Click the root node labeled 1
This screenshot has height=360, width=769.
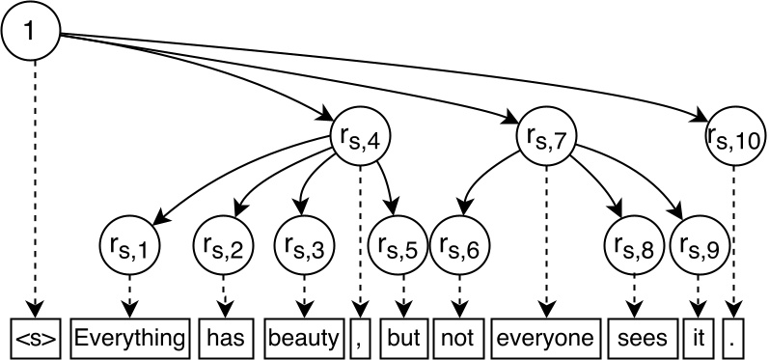[x=33, y=33]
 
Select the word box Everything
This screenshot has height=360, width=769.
[x=129, y=338]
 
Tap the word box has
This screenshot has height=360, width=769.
[x=223, y=338]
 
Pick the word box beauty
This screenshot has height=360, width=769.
[x=304, y=338]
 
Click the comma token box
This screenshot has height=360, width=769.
[x=359, y=338]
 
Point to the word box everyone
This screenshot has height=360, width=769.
[x=546, y=338]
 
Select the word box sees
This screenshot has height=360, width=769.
[x=635, y=338]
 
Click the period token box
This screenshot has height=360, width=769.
[x=735, y=338]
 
